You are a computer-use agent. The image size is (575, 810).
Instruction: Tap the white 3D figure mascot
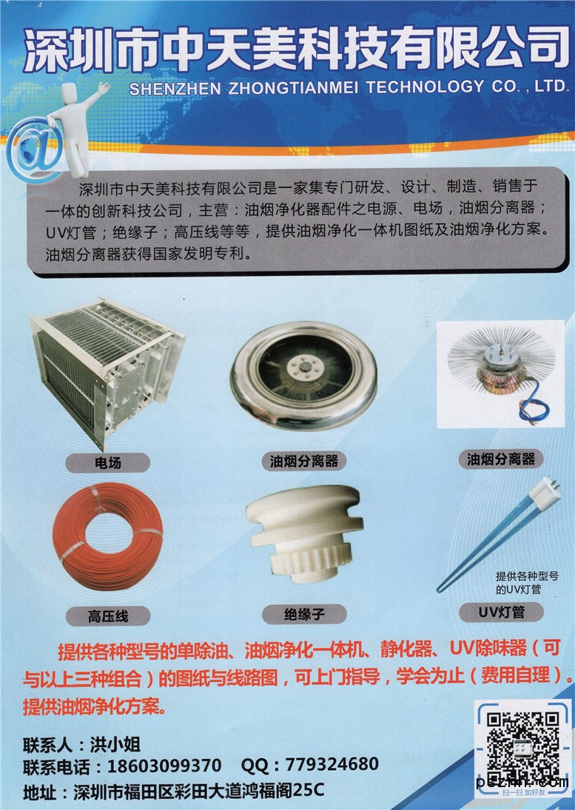tap(78, 129)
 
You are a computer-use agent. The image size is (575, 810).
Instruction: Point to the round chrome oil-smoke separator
tap(303, 375)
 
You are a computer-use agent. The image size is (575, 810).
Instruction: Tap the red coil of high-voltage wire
tap(108, 536)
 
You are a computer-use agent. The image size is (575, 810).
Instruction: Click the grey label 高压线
tap(108, 615)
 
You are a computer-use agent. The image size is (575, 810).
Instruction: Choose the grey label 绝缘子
tap(304, 614)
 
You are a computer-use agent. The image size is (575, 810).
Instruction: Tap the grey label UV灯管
tap(501, 612)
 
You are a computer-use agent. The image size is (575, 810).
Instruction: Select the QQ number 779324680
tap(332, 764)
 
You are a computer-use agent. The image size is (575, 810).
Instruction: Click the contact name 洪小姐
tap(115, 744)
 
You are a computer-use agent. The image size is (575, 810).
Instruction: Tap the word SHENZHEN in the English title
tap(175, 89)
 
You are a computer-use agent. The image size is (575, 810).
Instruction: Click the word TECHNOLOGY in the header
tap(426, 87)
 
